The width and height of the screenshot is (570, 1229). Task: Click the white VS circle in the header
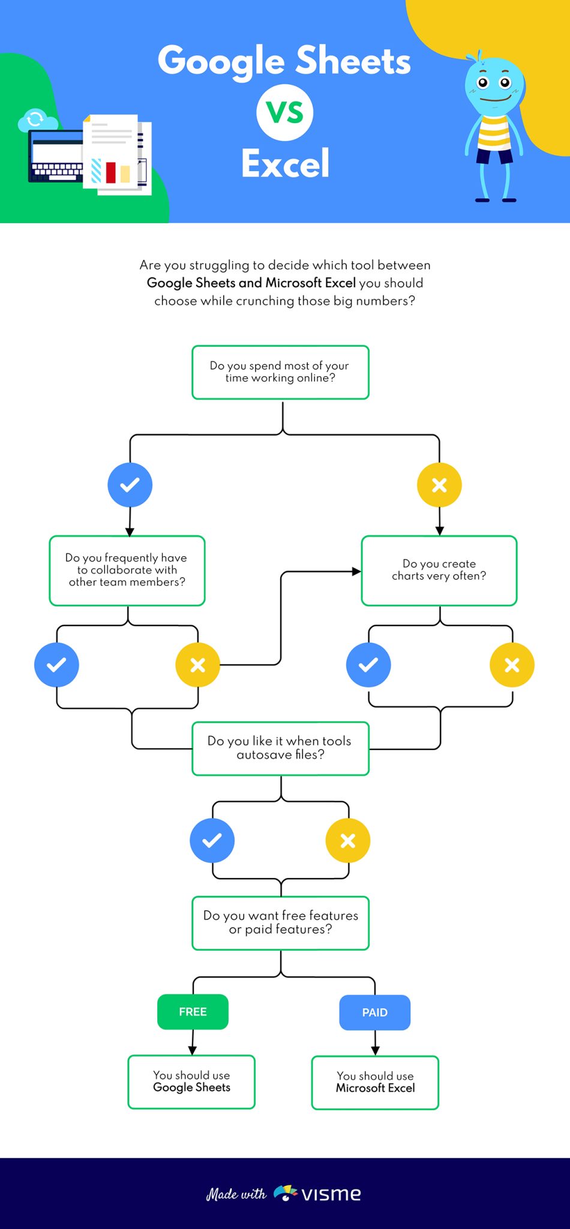point(284,113)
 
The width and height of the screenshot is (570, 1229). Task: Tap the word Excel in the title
point(285,163)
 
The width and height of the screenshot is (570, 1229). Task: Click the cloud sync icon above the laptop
point(35,119)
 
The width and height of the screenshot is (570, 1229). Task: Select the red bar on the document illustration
point(110,172)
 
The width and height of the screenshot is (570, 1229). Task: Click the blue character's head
point(494,84)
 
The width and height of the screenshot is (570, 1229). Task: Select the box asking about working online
point(280,372)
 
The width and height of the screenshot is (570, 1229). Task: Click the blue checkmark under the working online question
point(130,485)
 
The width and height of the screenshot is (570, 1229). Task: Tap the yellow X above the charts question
point(439,485)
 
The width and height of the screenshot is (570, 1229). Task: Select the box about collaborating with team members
point(127,570)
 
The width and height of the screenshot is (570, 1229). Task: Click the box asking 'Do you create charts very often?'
point(439,570)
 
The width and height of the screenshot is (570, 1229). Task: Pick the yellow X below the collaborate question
point(197,665)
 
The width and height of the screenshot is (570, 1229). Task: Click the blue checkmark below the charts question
point(368,665)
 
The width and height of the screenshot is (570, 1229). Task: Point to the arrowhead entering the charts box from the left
point(356,571)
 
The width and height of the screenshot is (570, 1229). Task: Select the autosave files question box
point(280,748)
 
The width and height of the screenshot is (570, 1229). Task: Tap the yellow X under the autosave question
point(348,840)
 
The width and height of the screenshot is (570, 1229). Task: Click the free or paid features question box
point(280,923)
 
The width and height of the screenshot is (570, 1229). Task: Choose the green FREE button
point(193,1012)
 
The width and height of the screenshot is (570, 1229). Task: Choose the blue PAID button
point(375,1012)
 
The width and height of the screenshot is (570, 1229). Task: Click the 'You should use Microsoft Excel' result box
point(375,1082)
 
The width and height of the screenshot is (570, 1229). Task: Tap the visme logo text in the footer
point(331,1194)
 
